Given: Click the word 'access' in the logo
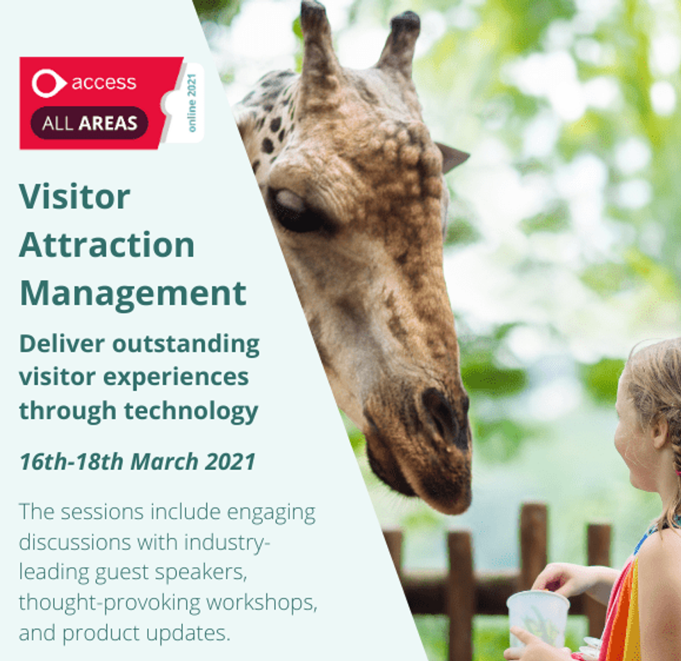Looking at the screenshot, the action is click(x=104, y=83).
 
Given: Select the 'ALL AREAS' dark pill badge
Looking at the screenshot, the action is click(x=90, y=123).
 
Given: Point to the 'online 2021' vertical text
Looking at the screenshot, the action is click(x=192, y=102).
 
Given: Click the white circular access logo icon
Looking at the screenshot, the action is click(x=48, y=83).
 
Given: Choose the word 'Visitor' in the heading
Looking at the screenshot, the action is click(x=75, y=196).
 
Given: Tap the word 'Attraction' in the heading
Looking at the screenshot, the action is click(x=107, y=245).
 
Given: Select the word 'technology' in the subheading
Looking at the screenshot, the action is click(x=191, y=411).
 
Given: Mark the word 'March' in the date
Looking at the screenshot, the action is click(x=164, y=462).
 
